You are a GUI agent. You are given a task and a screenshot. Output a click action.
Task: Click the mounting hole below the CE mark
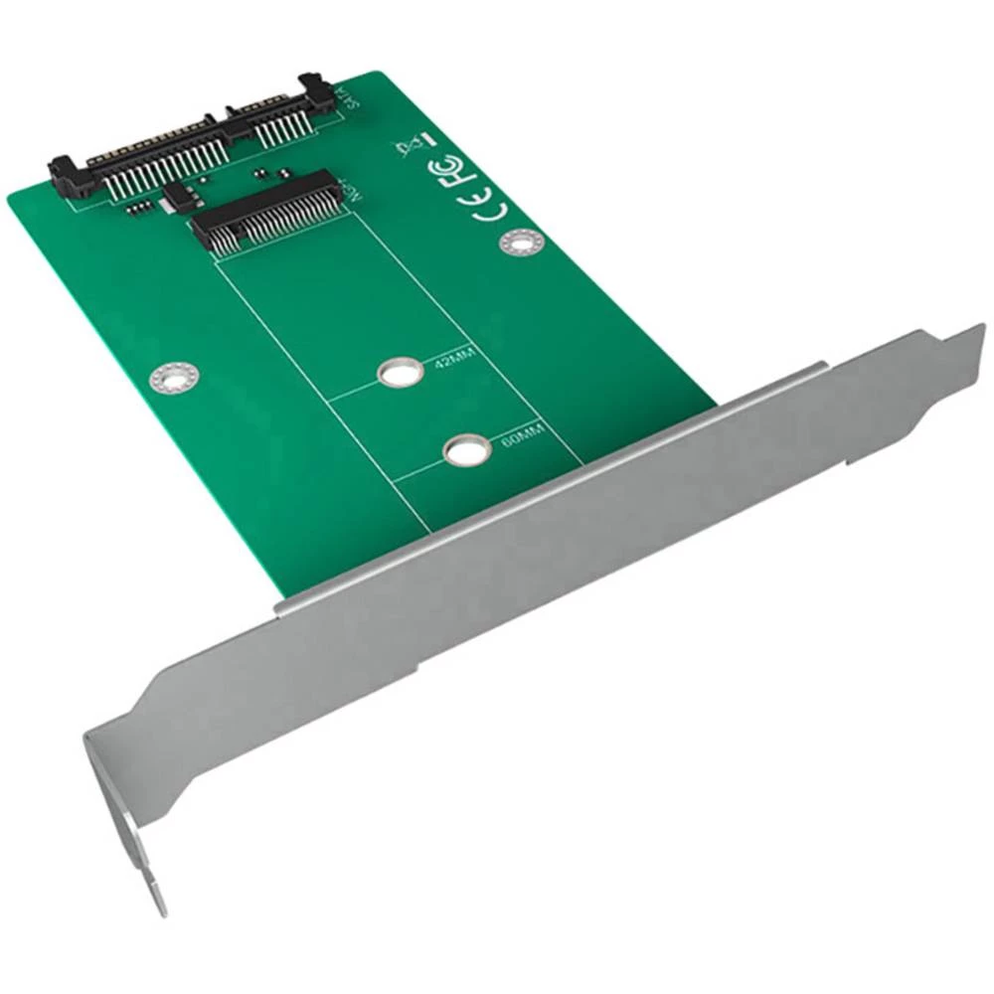click(x=522, y=241)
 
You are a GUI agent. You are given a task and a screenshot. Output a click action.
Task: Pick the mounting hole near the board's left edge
click(x=174, y=376)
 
